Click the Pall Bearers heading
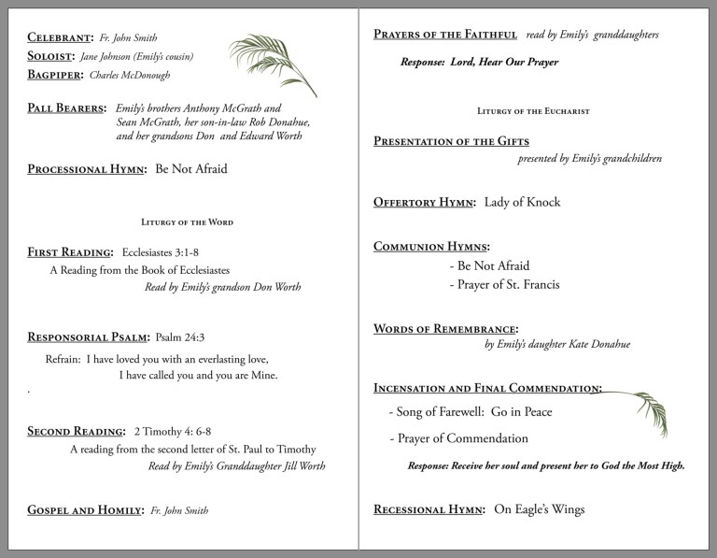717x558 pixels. click(66, 108)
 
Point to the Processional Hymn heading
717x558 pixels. click(87, 169)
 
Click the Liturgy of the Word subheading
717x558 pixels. click(187, 222)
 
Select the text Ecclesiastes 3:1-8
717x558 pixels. click(166, 252)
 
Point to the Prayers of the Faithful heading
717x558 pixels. click(445, 35)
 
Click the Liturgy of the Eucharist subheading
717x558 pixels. click(533, 111)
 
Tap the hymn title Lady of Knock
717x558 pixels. click(523, 202)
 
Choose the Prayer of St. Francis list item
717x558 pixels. click(504, 284)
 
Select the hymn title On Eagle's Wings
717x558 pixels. click(540, 509)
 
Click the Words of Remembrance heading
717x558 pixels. click(445, 329)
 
